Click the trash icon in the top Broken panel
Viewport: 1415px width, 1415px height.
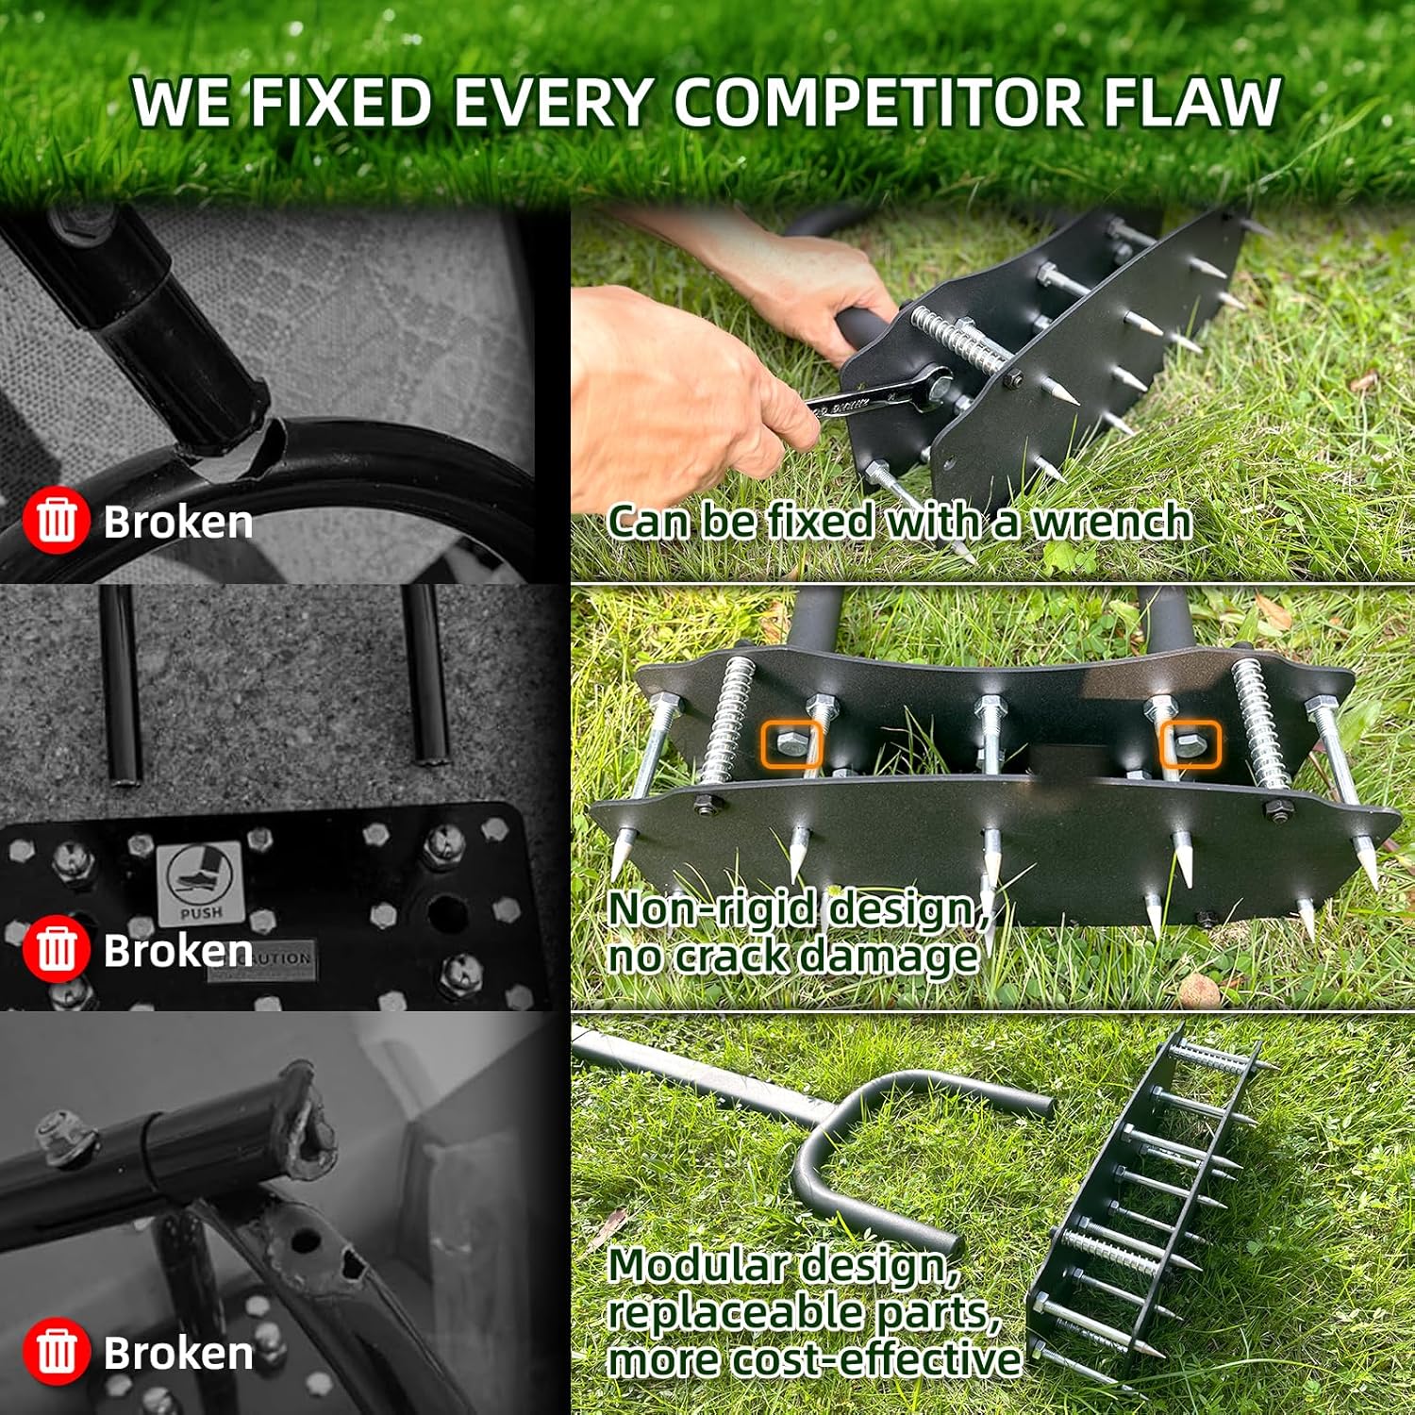(56, 520)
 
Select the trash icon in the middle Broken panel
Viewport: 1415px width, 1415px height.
(56, 948)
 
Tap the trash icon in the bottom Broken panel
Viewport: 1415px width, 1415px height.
(56, 1351)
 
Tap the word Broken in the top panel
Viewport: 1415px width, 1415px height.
(177, 522)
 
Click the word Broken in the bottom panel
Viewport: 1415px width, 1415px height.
(177, 1353)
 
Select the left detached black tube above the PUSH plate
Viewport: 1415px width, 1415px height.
(121, 684)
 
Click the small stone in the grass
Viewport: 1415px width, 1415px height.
(1199, 990)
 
